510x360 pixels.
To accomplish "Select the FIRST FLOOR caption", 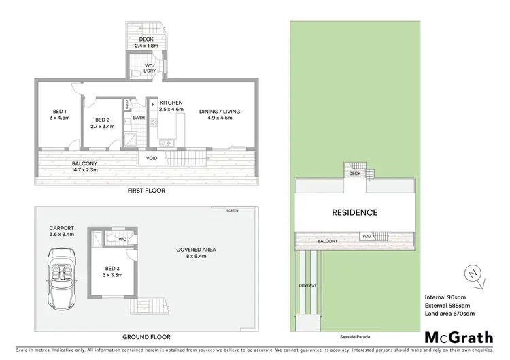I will (x=146, y=191).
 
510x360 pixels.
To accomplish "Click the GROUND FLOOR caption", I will (x=146, y=336).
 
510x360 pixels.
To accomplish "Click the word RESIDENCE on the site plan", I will (x=354, y=212).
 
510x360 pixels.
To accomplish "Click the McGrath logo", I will (x=459, y=336).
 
